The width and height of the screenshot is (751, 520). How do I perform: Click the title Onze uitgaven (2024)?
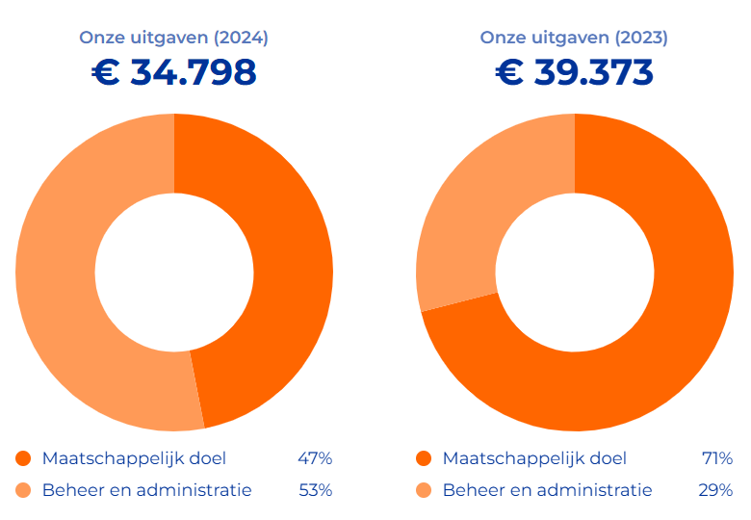[x=173, y=39]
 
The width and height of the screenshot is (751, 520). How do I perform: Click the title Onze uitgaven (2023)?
[x=574, y=39]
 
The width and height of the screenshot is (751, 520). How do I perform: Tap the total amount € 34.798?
[x=174, y=73]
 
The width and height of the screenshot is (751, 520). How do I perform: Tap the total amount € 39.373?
[x=575, y=73]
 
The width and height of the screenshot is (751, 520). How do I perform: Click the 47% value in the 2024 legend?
[x=315, y=458]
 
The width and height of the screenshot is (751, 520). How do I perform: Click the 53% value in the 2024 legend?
[x=315, y=490]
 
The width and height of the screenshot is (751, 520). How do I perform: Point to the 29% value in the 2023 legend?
[x=715, y=490]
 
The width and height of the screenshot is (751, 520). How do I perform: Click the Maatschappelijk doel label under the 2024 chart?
[x=134, y=458]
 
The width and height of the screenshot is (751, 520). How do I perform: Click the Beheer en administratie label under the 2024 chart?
[x=146, y=490]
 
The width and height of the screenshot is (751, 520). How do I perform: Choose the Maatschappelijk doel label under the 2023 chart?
[x=534, y=458]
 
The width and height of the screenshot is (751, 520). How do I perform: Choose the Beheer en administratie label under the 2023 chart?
[x=547, y=490]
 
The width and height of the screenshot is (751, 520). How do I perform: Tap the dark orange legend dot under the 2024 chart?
[x=23, y=458]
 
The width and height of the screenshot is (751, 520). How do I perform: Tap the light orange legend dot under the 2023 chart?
[x=424, y=490]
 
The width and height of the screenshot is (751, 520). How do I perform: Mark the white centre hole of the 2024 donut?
[x=174, y=273]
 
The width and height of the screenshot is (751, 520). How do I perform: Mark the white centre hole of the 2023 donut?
[x=575, y=273]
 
